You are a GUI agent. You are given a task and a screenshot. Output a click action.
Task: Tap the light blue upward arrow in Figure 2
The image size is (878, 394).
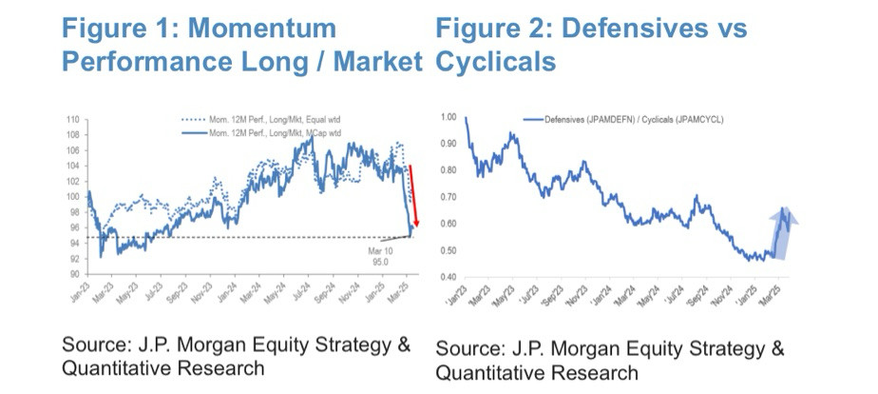pos(784,233)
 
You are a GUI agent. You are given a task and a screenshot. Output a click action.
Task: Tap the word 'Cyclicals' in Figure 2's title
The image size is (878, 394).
pos(495,62)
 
